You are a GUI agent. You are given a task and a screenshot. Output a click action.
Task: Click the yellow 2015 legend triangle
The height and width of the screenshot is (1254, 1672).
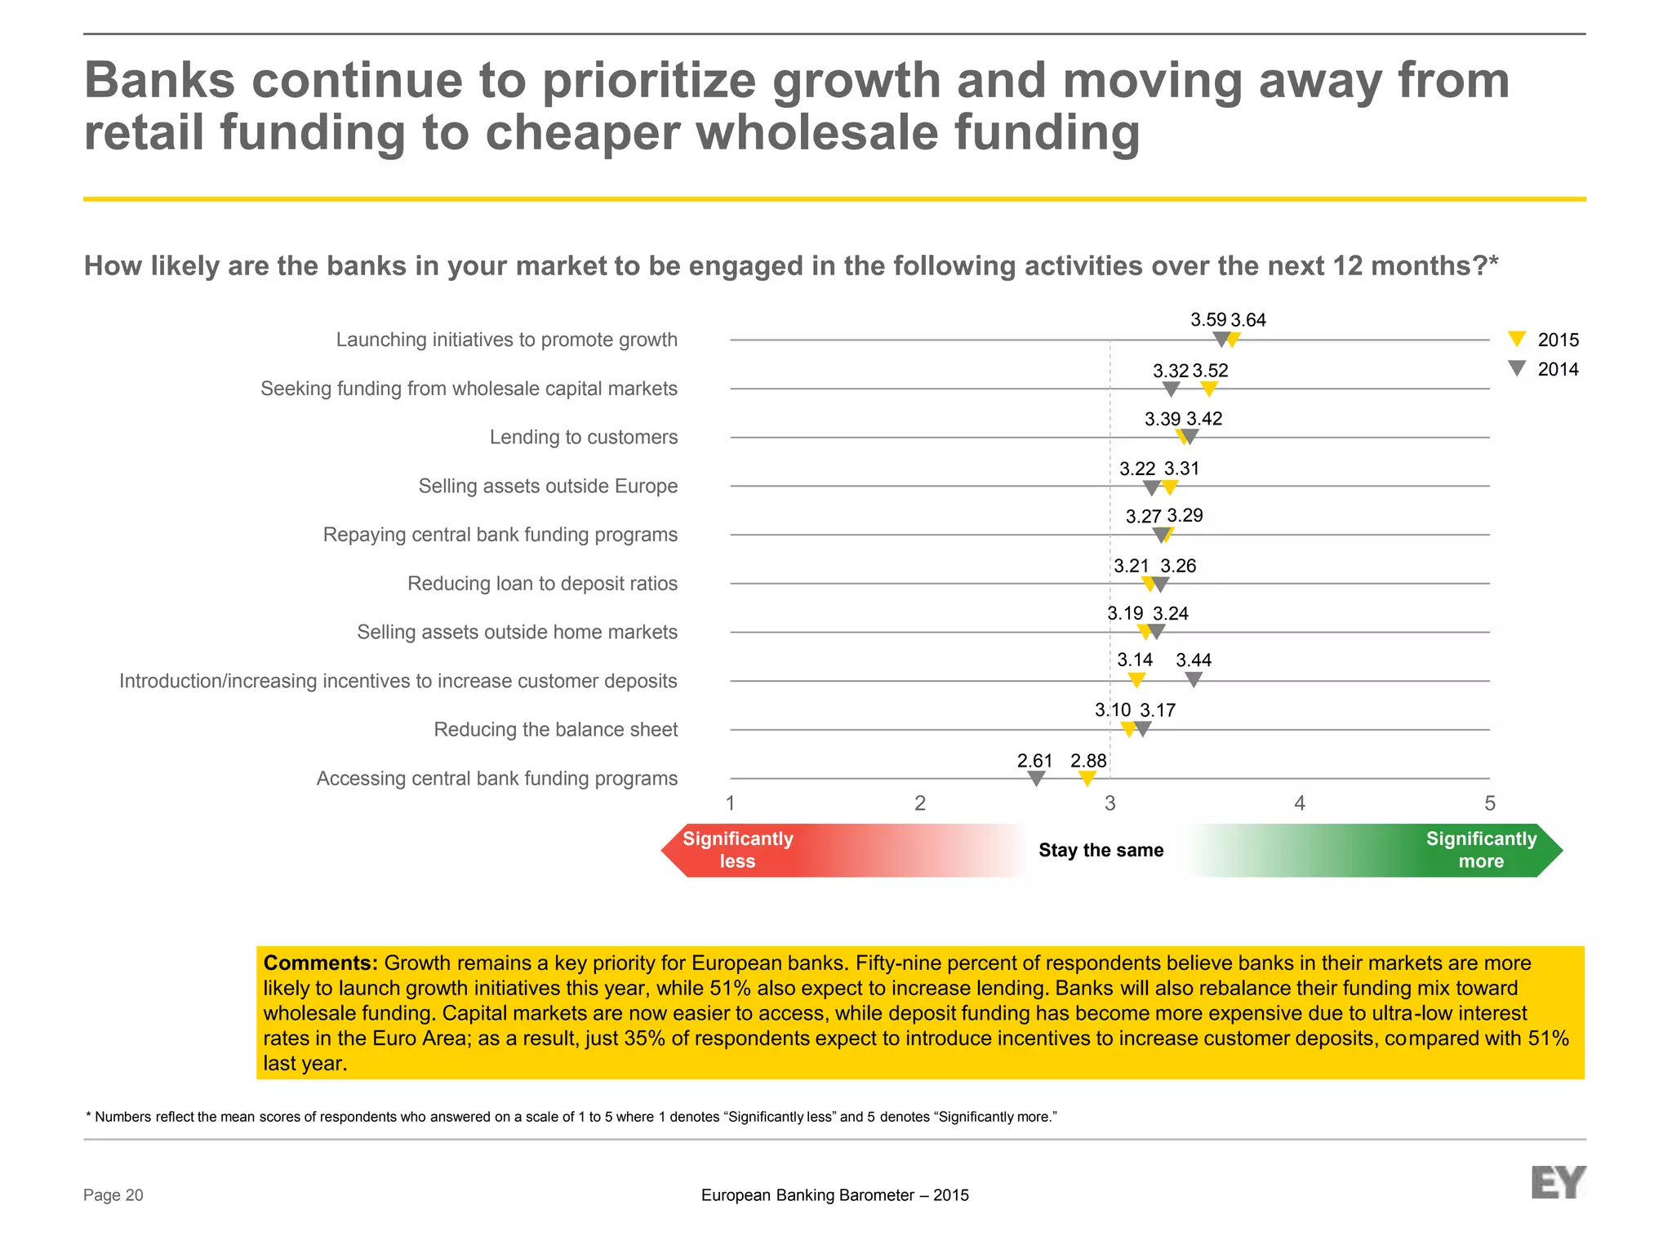pos(1517,338)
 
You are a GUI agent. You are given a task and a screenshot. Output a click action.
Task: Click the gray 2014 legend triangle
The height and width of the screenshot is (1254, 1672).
pos(1517,367)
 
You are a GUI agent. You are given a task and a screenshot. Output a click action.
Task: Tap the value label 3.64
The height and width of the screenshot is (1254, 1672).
pos(1248,320)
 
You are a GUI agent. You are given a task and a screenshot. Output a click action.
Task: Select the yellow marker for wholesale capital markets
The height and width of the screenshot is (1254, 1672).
pos(1210,389)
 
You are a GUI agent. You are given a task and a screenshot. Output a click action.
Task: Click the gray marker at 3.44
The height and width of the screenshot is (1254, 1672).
pos(1194,678)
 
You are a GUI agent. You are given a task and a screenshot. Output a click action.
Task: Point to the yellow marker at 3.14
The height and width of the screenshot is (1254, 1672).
pos(1136,678)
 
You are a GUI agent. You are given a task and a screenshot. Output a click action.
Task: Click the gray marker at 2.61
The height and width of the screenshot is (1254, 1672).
pos(1036,778)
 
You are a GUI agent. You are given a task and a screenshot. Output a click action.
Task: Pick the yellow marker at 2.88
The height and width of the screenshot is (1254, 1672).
pos(1087,778)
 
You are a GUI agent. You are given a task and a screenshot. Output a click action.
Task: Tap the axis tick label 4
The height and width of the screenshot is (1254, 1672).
pos(1300,803)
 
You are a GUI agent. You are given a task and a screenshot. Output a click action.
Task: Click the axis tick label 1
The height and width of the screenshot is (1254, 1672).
pos(731,803)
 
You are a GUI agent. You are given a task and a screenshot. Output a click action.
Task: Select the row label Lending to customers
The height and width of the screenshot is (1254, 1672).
pos(583,438)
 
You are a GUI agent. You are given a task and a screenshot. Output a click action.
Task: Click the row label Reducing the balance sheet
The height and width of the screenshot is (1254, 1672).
pos(555,730)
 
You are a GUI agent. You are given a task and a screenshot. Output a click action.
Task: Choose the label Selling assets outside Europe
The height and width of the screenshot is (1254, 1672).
pos(548,487)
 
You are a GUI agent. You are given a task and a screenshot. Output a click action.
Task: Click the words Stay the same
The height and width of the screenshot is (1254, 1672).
pos(1101,850)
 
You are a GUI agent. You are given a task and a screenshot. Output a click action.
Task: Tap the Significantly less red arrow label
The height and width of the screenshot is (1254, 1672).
pos(737,850)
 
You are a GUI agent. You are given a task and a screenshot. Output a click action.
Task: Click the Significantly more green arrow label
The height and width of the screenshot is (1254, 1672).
pos(1480,850)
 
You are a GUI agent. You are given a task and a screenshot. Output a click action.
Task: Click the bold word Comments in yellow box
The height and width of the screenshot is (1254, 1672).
pos(320,963)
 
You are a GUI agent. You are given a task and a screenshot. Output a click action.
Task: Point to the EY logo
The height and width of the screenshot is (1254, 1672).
pos(1558,1182)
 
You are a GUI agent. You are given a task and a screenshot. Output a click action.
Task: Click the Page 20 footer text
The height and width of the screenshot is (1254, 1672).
pos(113,1195)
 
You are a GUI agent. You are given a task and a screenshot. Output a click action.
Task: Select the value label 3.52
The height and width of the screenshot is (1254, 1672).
pos(1211,371)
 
